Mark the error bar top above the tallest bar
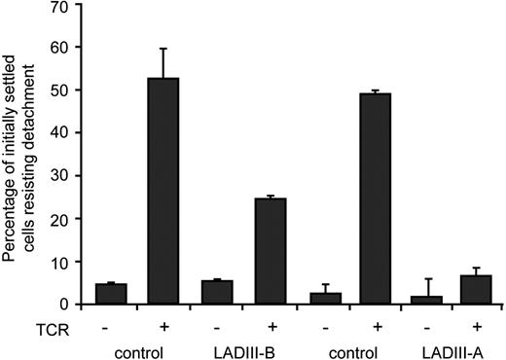(163, 49)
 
